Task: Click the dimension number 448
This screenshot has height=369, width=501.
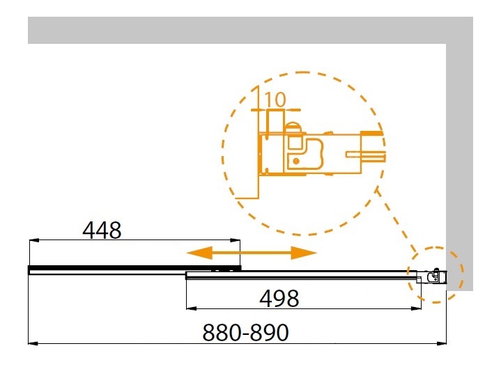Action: coord(102,230)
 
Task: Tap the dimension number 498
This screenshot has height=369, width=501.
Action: coord(279,299)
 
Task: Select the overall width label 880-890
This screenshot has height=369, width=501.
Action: coord(245,333)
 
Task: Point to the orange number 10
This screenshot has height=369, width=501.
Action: coord(275,100)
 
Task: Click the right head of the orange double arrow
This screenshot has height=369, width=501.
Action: coord(304,253)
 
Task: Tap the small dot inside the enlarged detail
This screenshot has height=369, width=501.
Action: coord(296,161)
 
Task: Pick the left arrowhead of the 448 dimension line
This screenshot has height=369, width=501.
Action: coord(34,240)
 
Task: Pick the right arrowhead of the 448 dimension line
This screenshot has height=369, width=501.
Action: coord(235,240)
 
